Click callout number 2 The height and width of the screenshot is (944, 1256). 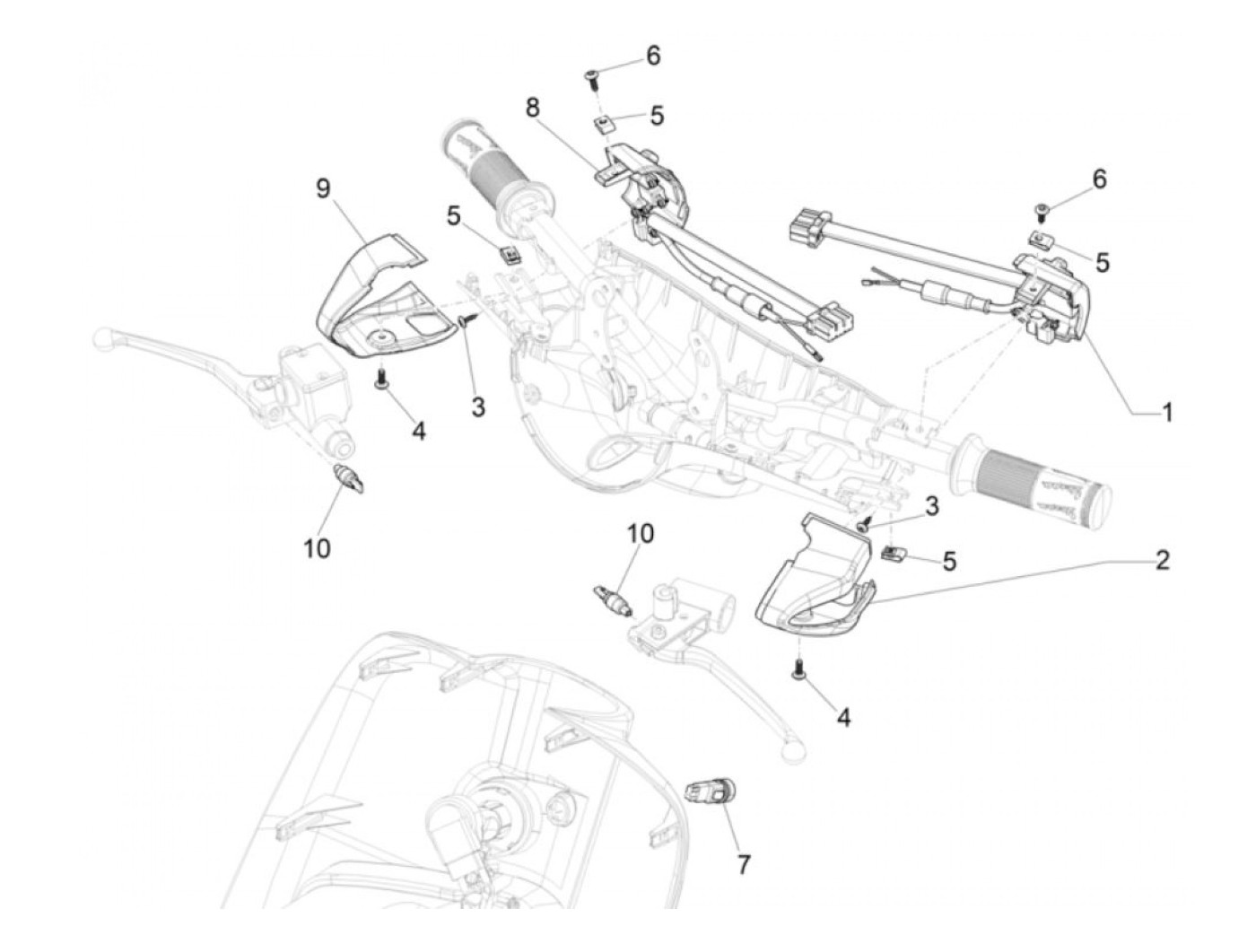click(x=1162, y=562)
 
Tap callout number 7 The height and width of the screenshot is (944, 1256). click(x=743, y=864)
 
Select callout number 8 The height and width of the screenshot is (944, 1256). click(x=533, y=109)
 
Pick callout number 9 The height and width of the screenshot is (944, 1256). click(x=323, y=188)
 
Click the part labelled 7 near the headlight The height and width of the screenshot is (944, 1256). click(x=709, y=794)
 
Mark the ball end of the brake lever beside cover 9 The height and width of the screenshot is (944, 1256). click(x=104, y=337)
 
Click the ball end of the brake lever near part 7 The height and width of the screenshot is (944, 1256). click(x=792, y=756)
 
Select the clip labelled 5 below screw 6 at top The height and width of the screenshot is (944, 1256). click(x=607, y=122)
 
